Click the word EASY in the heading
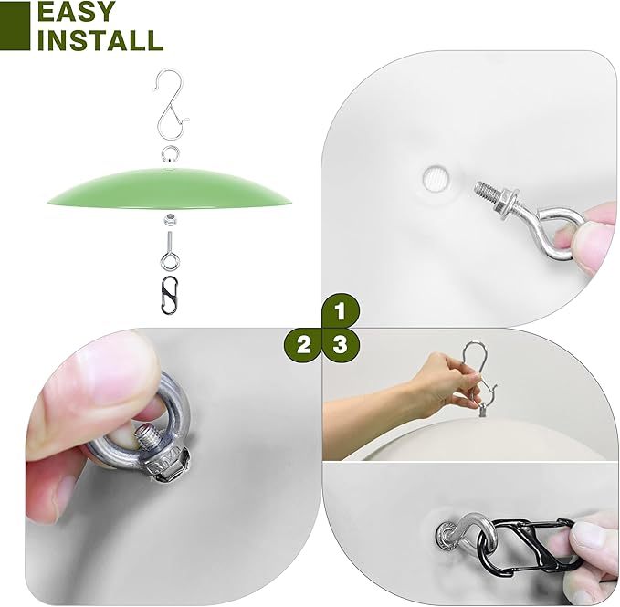pyautogui.click(x=77, y=12)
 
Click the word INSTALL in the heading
pyautogui.click(x=100, y=39)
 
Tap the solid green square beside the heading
pyautogui.click(x=15, y=26)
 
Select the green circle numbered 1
pyautogui.click(x=341, y=311)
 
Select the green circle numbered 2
pyautogui.click(x=303, y=346)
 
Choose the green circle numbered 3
pyautogui.click(x=341, y=346)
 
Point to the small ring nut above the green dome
pyautogui.click(x=170, y=153)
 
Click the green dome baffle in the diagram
pyautogui.click(x=170, y=187)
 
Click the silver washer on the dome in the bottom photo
pyautogui.click(x=446, y=536)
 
